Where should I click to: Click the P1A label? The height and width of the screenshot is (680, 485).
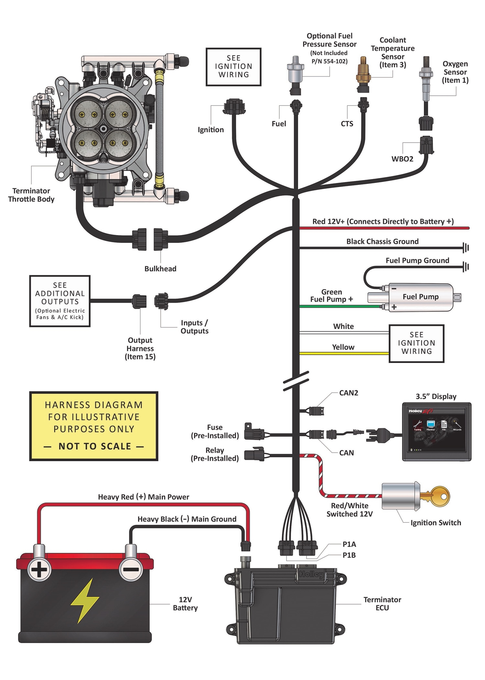(x=349, y=544)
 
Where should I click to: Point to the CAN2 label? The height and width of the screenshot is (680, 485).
(x=349, y=393)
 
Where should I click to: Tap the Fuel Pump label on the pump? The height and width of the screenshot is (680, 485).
(x=420, y=297)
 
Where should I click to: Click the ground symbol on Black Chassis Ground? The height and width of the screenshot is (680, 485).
(x=466, y=248)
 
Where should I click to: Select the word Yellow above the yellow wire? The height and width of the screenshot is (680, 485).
(x=343, y=347)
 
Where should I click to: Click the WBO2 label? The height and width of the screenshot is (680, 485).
(x=402, y=159)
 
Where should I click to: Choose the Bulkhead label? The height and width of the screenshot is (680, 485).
(x=160, y=269)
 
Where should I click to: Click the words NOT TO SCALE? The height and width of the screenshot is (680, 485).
(x=94, y=446)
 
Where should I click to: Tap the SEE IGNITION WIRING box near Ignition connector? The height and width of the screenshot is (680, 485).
(x=233, y=67)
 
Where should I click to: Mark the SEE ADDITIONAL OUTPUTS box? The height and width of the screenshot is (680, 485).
(x=60, y=301)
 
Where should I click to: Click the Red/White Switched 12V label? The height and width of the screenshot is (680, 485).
(x=350, y=510)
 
